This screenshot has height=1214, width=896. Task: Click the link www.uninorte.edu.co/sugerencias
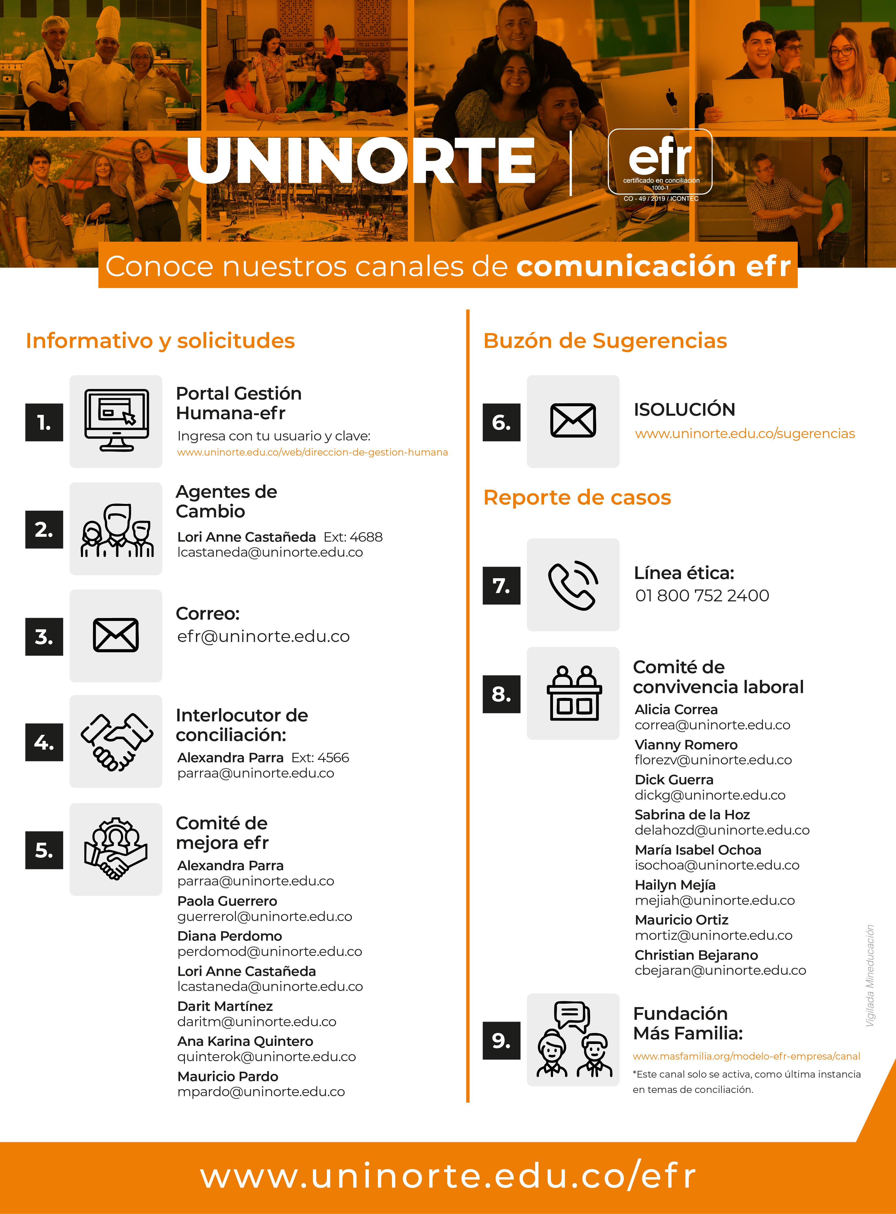[x=745, y=434]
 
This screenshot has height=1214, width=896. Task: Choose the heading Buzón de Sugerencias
[x=605, y=341]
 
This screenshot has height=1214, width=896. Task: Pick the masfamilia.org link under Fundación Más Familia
[x=746, y=1056]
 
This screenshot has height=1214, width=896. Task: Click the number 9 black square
[x=501, y=1040]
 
